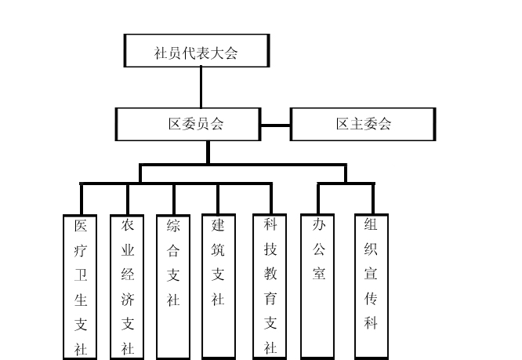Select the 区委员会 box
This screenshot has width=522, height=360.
click(x=189, y=124)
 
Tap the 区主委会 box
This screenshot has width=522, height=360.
click(x=361, y=124)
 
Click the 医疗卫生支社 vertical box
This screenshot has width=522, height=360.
click(x=80, y=286)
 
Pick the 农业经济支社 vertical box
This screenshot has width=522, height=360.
click(x=127, y=286)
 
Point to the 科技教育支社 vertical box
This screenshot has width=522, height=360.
click(x=270, y=286)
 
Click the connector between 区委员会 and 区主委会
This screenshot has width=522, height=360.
click(x=276, y=124)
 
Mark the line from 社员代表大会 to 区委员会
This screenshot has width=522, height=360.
click(x=201, y=87)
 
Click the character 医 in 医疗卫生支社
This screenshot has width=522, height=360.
click(x=80, y=227)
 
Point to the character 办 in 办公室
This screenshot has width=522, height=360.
click(x=319, y=225)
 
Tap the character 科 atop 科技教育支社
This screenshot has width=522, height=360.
click(x=270, y=225)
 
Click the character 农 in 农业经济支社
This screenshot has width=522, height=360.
click(x=127, y=225)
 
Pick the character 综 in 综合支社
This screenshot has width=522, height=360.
click(x=173, y=226)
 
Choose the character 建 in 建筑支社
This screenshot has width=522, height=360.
click(x=219, y=225)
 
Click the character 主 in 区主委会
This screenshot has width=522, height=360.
click(x=354, y=124)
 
